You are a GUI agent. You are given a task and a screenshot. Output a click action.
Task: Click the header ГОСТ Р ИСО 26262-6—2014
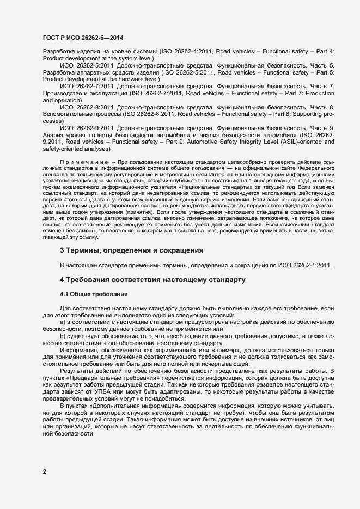pyautogui.click(x=82, y=36)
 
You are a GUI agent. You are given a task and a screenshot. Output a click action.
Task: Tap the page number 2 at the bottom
pyautogui.click(x=44, y=471)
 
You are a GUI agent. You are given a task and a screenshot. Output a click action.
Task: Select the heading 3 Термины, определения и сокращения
pyautogui.click(x=131, y=250)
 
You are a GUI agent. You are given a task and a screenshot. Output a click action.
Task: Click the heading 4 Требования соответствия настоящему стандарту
pyautogui.click(x=152, y=280)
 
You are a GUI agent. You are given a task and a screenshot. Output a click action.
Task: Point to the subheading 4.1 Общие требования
pyautogui.click(x=94, y=294)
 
